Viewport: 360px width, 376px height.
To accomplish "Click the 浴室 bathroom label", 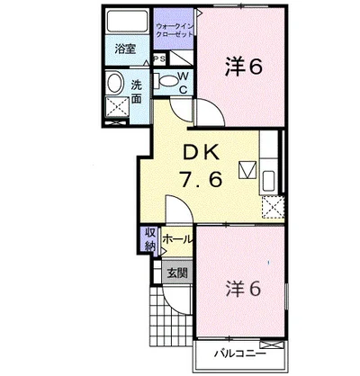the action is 125,49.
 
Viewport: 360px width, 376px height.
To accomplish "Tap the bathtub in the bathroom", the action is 128,21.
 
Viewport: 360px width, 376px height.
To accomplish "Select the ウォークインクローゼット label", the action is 175,30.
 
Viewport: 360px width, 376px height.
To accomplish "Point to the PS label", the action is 159,59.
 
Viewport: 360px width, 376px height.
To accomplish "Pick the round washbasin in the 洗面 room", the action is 115,84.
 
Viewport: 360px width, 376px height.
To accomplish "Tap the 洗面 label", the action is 136,92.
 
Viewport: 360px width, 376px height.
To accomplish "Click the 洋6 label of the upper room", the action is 244,67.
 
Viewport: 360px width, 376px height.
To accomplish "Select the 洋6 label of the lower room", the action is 244,289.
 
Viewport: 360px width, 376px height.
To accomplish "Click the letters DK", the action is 202,154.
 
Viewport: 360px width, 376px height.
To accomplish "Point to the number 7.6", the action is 201,179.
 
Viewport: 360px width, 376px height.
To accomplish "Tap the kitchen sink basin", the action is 269,181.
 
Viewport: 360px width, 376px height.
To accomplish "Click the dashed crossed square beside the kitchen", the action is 273,207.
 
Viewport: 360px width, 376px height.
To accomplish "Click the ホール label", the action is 176,239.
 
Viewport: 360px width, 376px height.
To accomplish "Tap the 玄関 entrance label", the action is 177,273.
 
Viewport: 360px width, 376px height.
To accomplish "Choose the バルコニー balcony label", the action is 239,354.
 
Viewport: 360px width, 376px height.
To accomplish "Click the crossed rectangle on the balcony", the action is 272,345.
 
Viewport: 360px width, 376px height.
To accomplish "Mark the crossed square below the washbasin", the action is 117,106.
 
